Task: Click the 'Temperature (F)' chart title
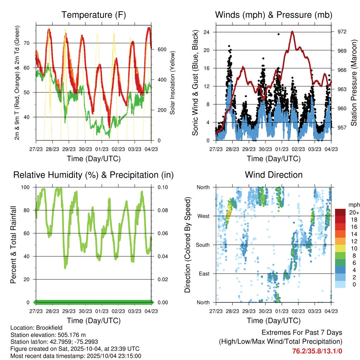(x=94, y=15)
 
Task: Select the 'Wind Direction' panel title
(x=274, y=174)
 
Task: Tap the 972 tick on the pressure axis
(x=342, y=32)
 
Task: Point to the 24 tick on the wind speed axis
(x=207, y=32)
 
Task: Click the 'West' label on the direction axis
(x=203, y=216)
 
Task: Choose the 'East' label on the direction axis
(x=204, y=274)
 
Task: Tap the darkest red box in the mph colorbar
(x=340, y=212)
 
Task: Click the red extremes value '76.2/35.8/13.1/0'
(x=317, y=351)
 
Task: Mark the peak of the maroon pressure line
(x=292, y=32)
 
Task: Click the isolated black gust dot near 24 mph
(x=278, y=34)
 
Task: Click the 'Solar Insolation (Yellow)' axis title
(x=173, y=83)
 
